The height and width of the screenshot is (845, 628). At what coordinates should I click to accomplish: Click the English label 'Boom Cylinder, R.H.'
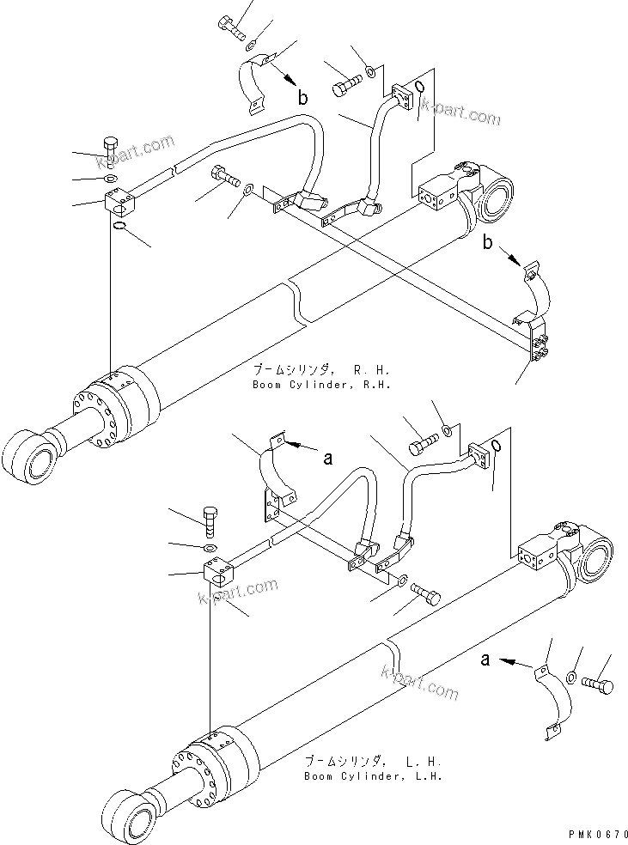click(321, 386)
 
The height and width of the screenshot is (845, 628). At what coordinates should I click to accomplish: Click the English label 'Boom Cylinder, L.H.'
click(372, 777)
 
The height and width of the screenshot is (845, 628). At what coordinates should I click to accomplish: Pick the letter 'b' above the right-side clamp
click(488, 243)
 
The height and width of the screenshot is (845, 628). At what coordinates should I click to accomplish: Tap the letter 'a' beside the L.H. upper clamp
click(327, 459)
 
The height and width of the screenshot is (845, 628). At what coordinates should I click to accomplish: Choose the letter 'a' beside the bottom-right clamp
click(486, 660)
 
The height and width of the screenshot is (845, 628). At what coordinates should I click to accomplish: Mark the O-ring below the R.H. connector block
click(120, 227)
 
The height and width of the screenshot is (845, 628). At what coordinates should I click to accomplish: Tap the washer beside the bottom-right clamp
click(572, 679)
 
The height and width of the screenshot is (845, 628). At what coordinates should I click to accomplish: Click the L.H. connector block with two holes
click(221, 573)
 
